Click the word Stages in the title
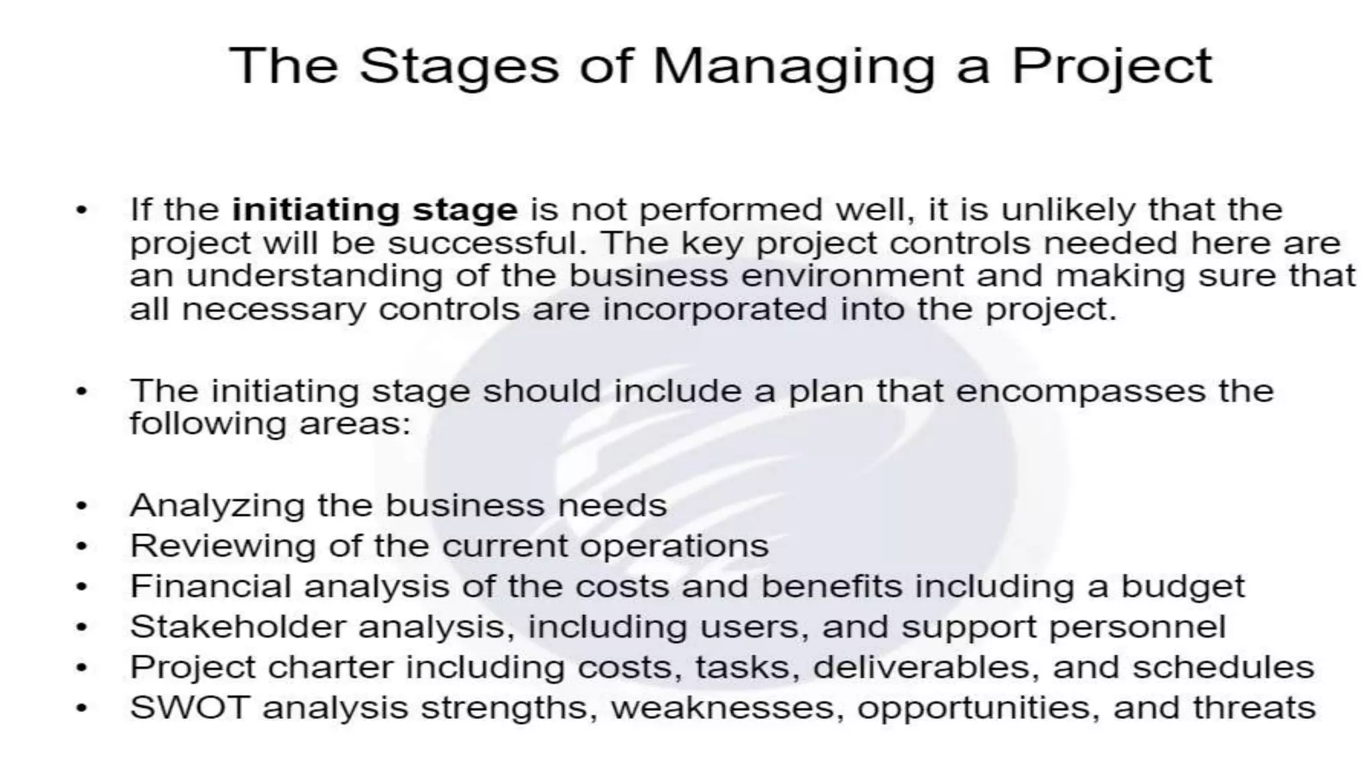pos(459,66)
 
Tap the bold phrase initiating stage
pos(375,210)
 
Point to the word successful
pos(488,243)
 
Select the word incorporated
pos(714,309)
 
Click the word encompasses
pos(1080,391)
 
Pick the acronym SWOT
pos(189,707)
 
